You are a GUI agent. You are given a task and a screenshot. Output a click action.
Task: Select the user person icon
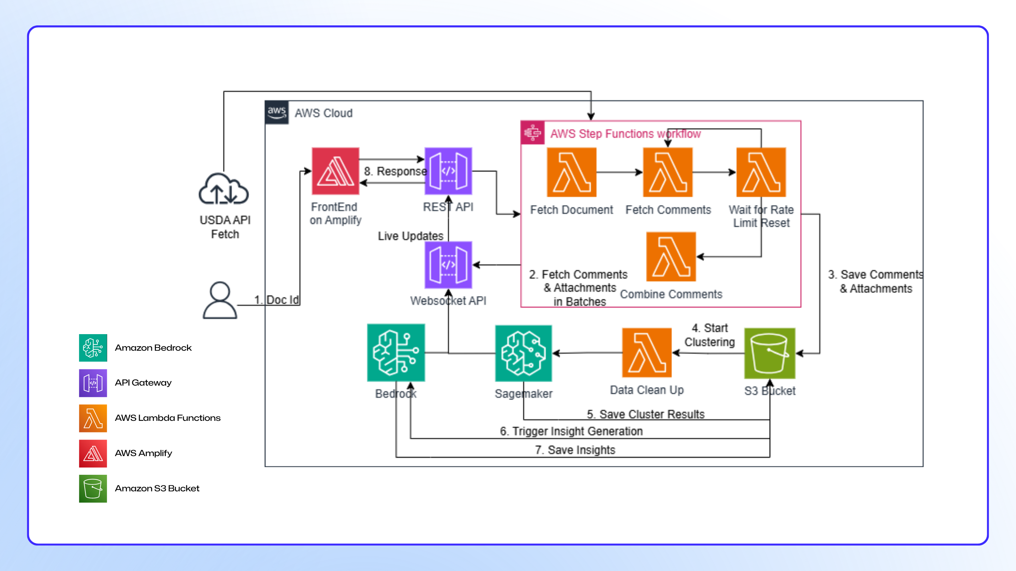click(220, 300)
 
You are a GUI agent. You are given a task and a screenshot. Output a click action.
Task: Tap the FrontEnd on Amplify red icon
click(335, 171)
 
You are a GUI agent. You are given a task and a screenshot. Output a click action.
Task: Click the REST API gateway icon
click(448, 171)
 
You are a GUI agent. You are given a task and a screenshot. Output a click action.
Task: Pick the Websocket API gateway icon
click(448, 265)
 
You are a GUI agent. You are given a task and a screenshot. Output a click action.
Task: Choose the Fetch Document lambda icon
click(571, 172)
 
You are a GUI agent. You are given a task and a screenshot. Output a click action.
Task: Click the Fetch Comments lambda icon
click(668, 172)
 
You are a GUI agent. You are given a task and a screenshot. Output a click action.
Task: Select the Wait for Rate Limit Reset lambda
click(761, 172)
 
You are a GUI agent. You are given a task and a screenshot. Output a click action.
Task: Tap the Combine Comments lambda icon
click(671, 257)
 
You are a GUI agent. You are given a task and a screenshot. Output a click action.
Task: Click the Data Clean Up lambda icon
click(647, 353)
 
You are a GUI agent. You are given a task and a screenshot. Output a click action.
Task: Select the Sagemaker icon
click(524, 353)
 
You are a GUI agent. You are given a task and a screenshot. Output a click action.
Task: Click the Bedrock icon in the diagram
click(396, 353)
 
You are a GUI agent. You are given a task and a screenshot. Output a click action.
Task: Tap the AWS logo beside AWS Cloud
click(277, 113)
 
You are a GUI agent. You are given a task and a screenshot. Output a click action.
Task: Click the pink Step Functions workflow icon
click(532, 133)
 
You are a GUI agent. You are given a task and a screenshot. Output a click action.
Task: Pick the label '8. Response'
click(395, 171)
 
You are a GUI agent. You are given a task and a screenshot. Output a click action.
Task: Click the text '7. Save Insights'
click(575, 450)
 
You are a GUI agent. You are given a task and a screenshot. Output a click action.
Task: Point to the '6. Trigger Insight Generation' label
click(571, 431)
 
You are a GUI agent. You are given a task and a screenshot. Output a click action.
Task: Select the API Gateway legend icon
click(93, 383)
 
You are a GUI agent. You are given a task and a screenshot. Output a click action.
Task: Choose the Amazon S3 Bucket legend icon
click(93, 489)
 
